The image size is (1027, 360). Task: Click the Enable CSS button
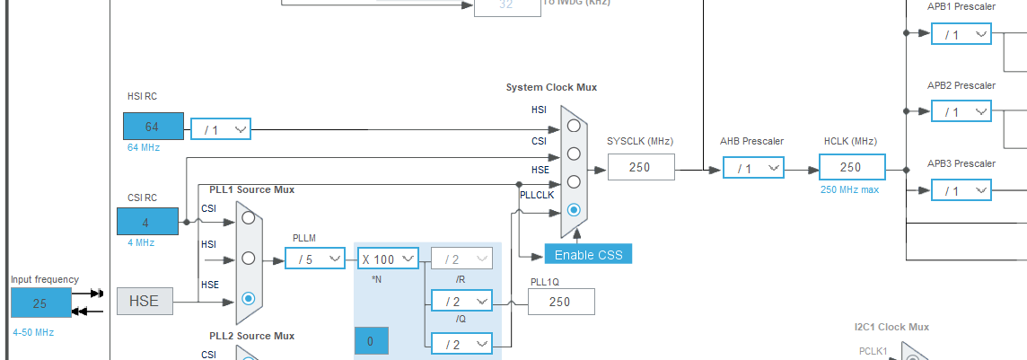(x=588, y=254)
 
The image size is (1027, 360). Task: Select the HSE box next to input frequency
(x=144, y=302)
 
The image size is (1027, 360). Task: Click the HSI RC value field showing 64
(x=154, y=127)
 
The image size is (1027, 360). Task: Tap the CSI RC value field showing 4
(x=147, y=222)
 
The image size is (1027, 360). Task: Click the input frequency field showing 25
(x=40, y=303)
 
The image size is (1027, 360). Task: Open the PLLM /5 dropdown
(x=315, y=259)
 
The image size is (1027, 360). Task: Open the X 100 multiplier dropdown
(x=389, y=259)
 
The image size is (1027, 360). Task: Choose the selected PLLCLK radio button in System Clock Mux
(x=574, y=209)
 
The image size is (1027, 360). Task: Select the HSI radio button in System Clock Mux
(x=574, y=125)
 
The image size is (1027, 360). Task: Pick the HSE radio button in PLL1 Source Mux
(x=249, y=298)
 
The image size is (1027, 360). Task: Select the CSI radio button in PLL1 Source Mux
(x=249, y=217)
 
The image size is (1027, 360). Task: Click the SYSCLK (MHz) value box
(x=641, y=167)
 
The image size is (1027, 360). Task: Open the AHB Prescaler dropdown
(x=751, y=168)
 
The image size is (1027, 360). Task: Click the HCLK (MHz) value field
(x=851, y=167)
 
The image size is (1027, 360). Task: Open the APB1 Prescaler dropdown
(x=961, y=34)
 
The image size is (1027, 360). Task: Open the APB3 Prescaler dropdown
(x=961, y=190)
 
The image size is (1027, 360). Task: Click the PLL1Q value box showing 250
(x=560, y=302)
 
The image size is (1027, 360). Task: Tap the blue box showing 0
(x=371, y=341)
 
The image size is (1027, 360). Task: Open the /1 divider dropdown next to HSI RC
(x=221, y=129)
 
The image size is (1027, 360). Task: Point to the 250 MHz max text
(x=850, y=189)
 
